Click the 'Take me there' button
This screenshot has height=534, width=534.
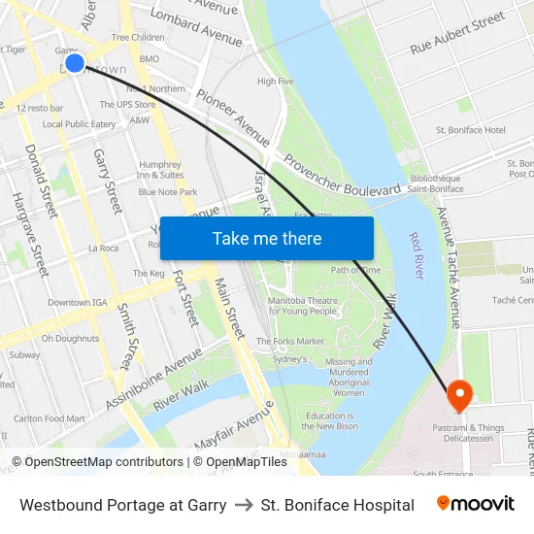click(267, 238)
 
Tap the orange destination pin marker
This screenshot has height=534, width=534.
click(458, 394)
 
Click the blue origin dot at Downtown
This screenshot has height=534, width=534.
click(75, 64)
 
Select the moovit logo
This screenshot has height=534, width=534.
click(476, 504)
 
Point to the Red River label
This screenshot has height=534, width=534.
click(417, 255)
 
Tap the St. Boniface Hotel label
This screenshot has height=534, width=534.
click(471, 130)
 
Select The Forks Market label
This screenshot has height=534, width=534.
click(290, 342)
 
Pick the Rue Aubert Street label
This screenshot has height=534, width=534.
click(457, 33)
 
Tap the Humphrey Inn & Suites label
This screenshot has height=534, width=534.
click(160, 170)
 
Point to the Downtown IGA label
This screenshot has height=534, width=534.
click(77, 303)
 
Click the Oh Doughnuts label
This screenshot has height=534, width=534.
click(70, 339)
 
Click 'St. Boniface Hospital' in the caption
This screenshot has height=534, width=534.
click(338, 505)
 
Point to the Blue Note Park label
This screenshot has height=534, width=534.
click(168, 192)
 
